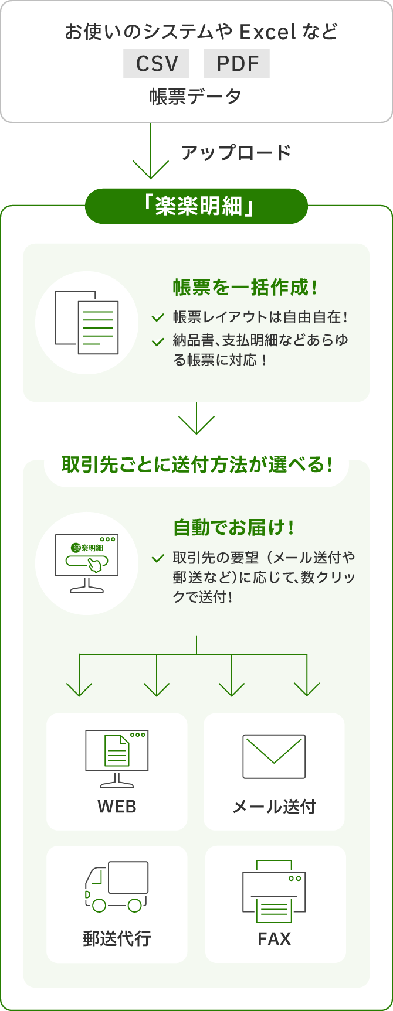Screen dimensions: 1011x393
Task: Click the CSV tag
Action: click(x=156, y=63)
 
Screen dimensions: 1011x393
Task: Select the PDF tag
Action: click(x=236, y=63)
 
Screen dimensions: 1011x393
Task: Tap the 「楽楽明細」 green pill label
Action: click(x=196, y=206)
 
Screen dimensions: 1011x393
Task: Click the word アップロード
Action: click(x=236, y=153)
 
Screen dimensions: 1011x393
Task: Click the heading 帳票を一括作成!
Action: click(x=246, y=288)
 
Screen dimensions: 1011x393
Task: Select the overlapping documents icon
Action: click(x=87, y=323)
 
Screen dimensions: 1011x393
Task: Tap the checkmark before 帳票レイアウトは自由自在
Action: click(x=157, y=318)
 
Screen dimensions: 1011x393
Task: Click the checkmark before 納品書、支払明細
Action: click(x=157, y=341)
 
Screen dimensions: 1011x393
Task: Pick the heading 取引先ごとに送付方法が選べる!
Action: click(x=196, y=465)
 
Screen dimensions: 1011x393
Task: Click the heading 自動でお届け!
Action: click(x=234, y=528)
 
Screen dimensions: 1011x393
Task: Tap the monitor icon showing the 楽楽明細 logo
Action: click(x=87, y=563)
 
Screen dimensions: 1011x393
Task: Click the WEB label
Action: click(x=117, y=807)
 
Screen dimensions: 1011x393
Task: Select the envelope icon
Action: click(x=274, y=756)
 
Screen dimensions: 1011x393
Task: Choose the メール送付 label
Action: click(x=274, y=807)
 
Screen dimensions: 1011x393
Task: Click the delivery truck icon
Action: click(x=117, y=886)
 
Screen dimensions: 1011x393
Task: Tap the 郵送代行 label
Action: click(x=117, y=938)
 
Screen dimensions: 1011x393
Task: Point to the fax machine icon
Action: click(x=274, y=890)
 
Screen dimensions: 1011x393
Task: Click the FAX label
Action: click(x=274, y=938)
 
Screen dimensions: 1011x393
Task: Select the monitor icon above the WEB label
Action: click(x=117, y=759)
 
